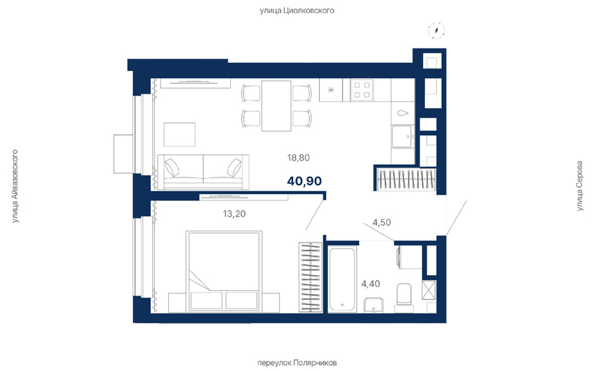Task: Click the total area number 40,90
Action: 304,181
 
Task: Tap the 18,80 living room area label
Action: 298,157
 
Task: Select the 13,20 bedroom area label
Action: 234,214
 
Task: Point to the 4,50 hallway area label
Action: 382,222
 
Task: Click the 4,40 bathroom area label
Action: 371,284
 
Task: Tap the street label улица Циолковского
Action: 297,10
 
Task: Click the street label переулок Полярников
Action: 297,363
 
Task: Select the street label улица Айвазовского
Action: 15,186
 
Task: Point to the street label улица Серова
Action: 579,186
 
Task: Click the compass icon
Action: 436,30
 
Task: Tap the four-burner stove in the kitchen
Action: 362,90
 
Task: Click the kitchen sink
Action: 402,137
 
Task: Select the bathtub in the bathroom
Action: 342,280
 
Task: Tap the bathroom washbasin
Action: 374,306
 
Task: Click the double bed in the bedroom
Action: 224,272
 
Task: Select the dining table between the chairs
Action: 276,106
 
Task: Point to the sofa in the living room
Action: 203,172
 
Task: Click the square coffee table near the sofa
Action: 179,134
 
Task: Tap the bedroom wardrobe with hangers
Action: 310,277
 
